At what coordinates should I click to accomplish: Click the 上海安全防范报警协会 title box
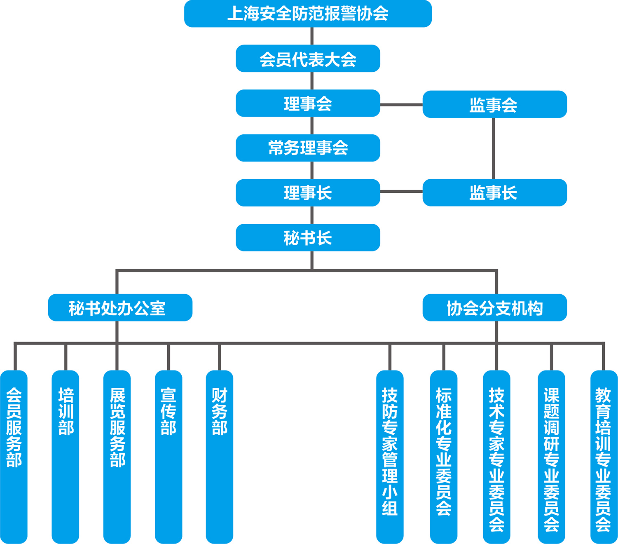308,14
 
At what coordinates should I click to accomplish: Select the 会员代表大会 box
308,59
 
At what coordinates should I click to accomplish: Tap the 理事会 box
308,103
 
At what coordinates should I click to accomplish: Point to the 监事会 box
494,104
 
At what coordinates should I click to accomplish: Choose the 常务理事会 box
308,148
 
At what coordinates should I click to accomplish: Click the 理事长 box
308,193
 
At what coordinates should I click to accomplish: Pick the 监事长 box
494,192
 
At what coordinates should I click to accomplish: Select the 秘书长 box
308,238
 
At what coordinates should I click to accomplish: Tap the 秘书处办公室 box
120,307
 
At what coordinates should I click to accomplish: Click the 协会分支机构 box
494,307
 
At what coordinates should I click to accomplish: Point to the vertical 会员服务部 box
14,457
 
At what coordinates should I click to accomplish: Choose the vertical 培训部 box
66,457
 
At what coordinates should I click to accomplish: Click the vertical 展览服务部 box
117,457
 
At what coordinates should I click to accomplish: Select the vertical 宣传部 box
169,457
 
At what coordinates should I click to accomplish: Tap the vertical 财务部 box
220,457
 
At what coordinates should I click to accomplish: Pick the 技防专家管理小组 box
390,457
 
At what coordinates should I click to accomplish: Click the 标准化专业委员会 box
444,457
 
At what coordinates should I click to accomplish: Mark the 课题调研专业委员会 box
552,457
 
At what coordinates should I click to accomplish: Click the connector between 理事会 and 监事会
401,105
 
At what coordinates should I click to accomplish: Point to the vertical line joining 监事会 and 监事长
494,148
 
